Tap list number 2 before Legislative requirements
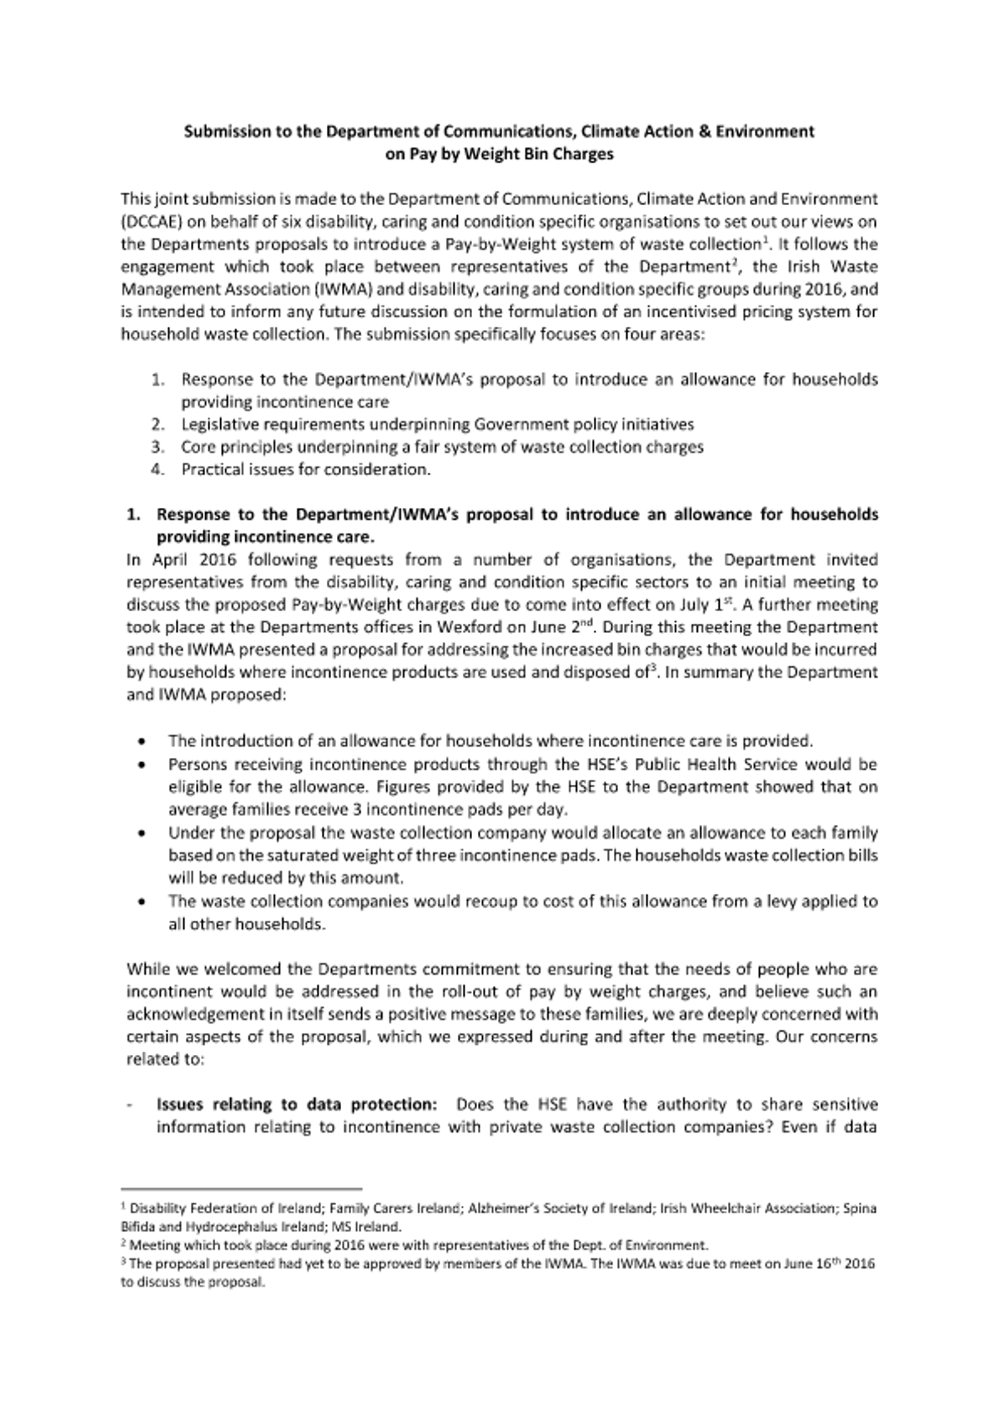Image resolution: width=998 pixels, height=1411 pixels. [157, 424]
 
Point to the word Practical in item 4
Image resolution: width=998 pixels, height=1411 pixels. [209, 469]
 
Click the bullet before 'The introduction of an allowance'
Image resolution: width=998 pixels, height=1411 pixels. [143, 742]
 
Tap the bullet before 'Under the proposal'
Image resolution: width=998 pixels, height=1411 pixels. [143, 833]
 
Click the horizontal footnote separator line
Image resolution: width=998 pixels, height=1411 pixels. [241, 1189]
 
